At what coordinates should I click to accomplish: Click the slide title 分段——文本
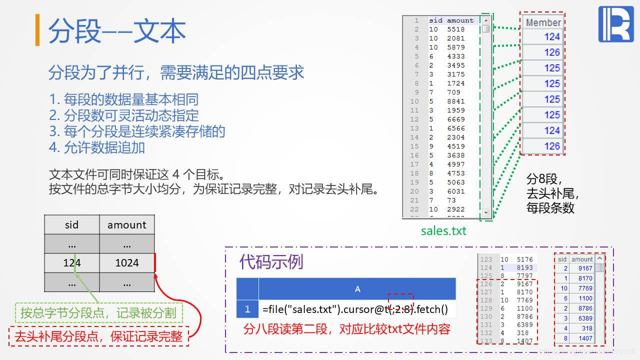[117, 31]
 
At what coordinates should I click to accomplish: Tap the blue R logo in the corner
[615, 24]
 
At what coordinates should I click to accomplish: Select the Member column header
[543, 22]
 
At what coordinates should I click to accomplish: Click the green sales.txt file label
[443, 230]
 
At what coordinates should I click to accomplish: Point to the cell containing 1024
[127, 263]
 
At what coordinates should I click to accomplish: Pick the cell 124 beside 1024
[72, 263]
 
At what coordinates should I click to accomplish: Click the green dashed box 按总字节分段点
[98, 313]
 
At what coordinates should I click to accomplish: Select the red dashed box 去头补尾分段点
[98, 336]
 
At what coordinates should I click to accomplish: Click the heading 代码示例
[271, 261]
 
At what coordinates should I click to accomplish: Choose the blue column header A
[357, 289]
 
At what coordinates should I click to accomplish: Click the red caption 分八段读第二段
[346, 329]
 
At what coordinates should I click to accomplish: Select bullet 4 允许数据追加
[97, 147]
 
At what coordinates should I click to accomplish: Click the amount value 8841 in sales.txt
[455, 101]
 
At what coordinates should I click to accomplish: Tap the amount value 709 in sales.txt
[453, 92]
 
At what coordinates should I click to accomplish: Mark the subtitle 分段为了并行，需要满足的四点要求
[176, 73]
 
